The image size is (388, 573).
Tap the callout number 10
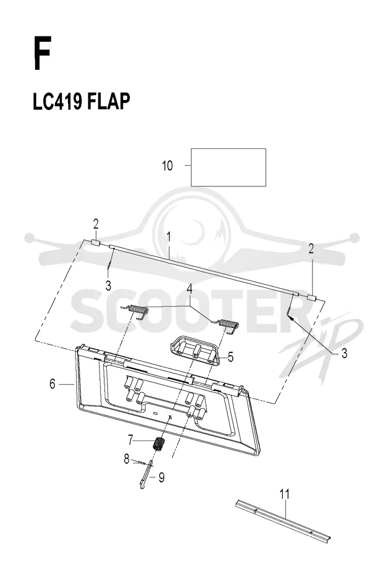pyautogui.click(x=167, y=165)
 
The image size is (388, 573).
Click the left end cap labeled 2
pyautogui.click(x=96, y=242)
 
